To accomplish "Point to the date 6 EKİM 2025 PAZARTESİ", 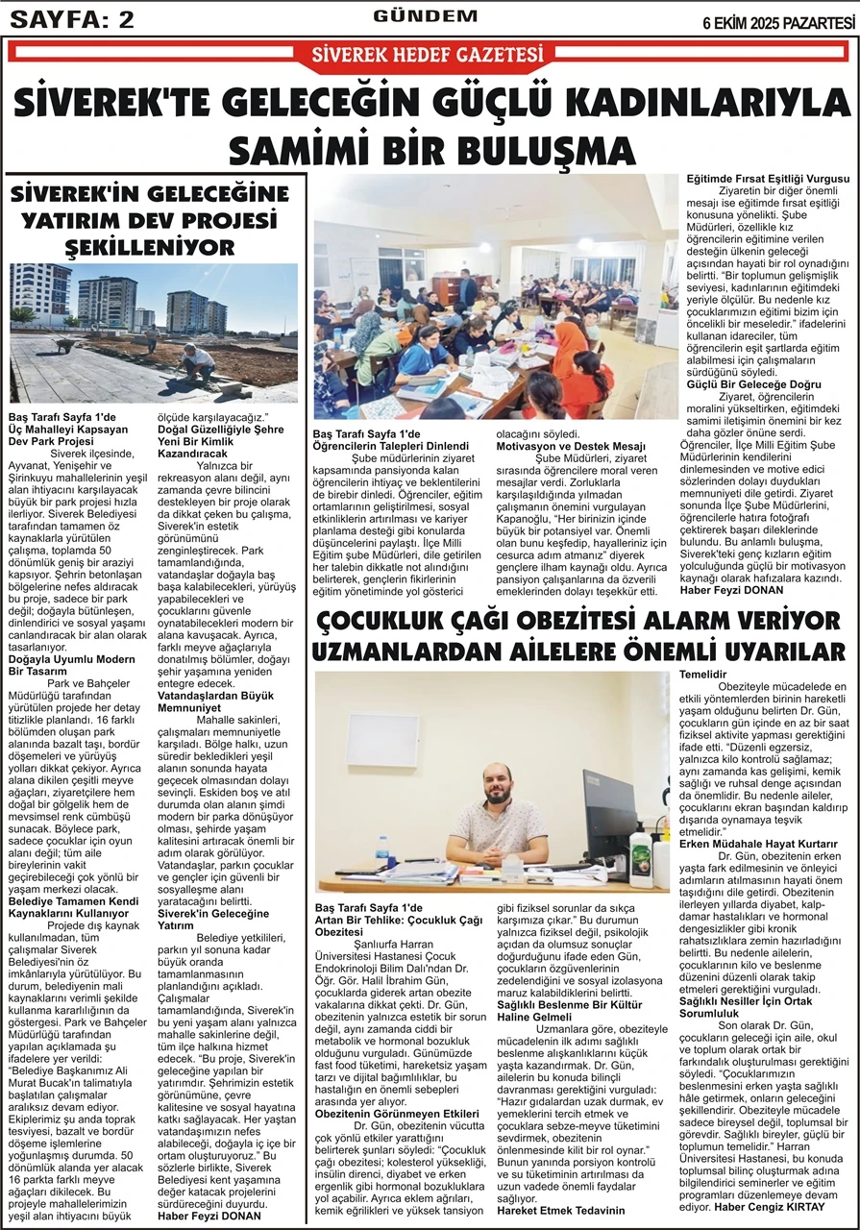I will tap(778, 21).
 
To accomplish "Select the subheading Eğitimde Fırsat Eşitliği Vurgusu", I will tap(766, 180).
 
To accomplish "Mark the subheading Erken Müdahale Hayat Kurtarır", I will tap(759, 843).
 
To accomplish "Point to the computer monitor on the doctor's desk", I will tap(610, 802).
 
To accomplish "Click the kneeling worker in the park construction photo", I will tap(199, 361).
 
